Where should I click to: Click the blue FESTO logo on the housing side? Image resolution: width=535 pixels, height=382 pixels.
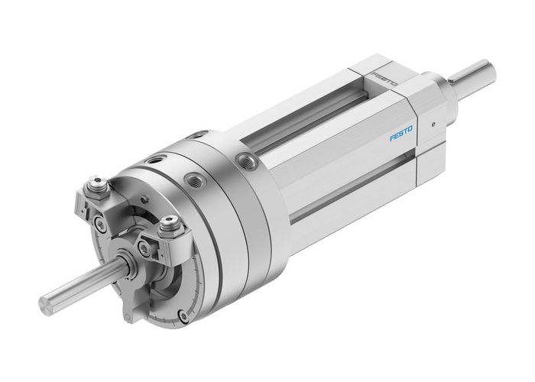401,137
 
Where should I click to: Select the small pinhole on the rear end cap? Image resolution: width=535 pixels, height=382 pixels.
433,121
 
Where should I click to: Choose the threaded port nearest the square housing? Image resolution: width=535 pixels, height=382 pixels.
247,158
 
